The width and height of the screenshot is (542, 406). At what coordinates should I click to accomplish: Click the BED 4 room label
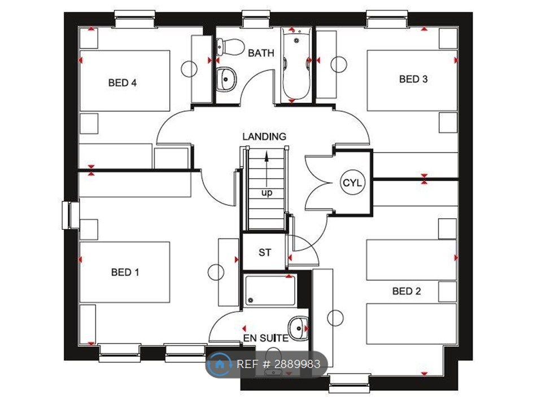click(123, 83)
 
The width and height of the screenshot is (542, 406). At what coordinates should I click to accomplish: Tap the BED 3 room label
click(413, 79)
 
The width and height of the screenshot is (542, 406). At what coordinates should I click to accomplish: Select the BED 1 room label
click(125, 272)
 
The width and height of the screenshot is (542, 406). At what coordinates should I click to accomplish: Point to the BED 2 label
click(406, 291)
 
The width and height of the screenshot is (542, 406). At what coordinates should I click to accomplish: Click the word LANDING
click(264, 136)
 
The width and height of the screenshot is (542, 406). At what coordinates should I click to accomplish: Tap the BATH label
click(261, 53)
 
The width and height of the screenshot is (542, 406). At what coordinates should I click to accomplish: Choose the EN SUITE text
click(266, 338)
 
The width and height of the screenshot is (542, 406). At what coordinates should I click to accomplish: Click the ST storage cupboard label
click(265, 253)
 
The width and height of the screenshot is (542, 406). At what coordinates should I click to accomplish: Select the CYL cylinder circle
click(352, 182)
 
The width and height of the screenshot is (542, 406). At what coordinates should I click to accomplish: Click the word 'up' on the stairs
click(266, 193)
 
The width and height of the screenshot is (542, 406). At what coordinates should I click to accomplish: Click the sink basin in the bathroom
click(226, 79)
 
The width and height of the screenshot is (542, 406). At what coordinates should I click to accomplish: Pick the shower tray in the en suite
click(270, 290)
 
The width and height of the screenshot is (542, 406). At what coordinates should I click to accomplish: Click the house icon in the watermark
click(219, 364)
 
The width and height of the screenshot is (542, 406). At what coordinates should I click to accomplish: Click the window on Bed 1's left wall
click(71, 215)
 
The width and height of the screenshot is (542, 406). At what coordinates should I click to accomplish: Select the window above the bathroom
click(255, 19)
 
